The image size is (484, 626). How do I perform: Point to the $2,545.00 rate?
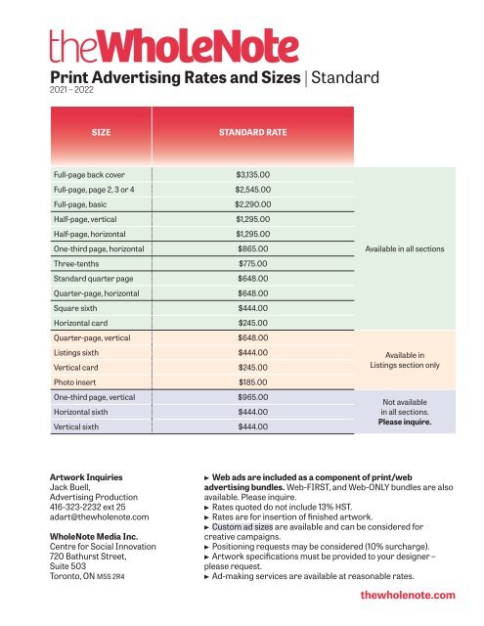[x=253, y=190]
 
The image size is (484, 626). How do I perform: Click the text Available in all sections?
[x=404, y=249]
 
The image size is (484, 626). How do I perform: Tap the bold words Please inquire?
[x=404, y=424]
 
